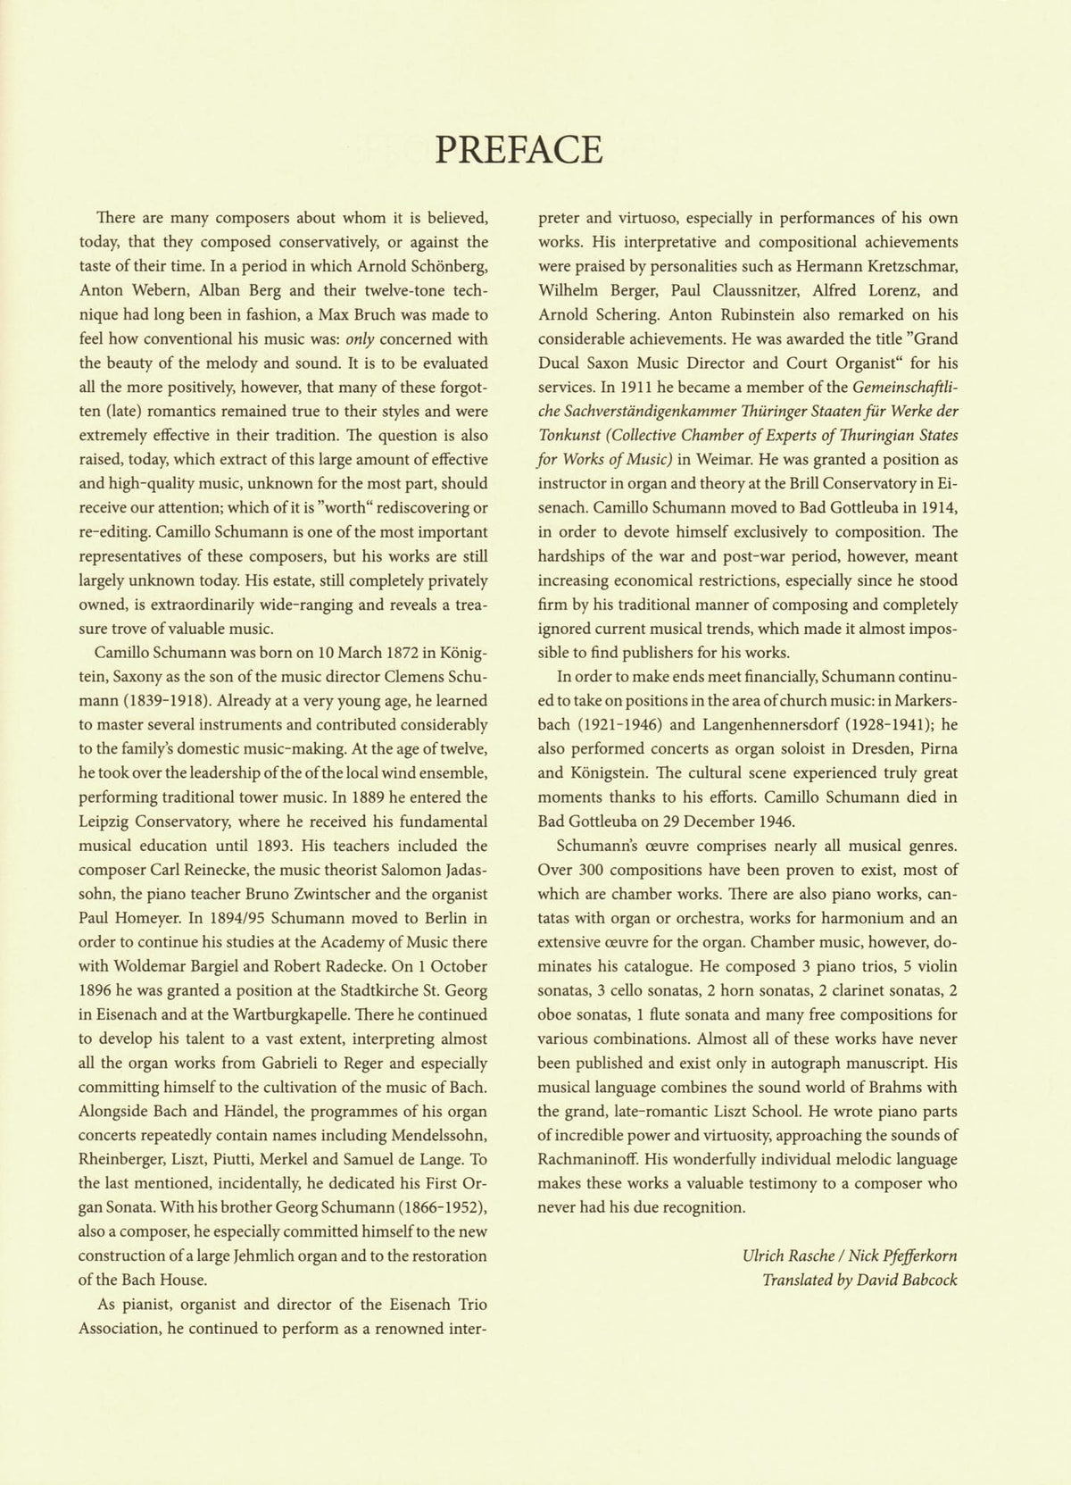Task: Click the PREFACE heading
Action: pos(519,149)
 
